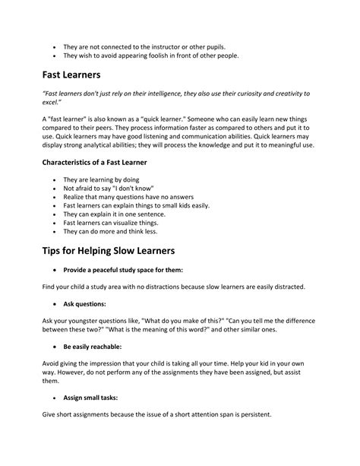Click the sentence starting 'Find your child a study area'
click(x=176, y=287)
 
